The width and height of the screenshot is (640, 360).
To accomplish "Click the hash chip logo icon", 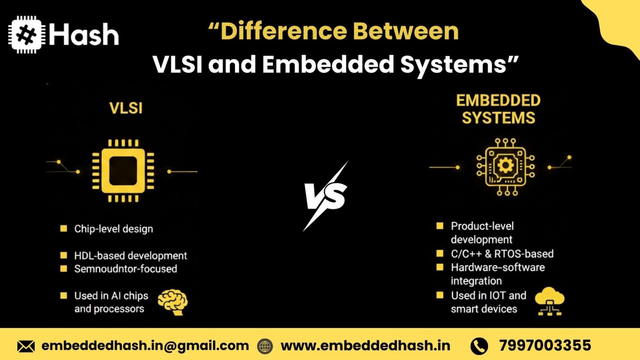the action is pyautogui.click(x=27, y=35).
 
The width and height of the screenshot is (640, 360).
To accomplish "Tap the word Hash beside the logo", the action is pyautogui.click(x=84, y=34).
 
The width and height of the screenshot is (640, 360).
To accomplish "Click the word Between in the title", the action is pyautogui.click(x=406, y=31).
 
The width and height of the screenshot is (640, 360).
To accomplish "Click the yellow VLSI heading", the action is pyautogui.click(x=126, y=108).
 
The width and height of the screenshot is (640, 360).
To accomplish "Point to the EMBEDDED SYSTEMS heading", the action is pyautogui.click(x=498, y=109).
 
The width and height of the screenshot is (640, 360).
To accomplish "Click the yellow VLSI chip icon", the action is pyautogui.click(x=123, y=171).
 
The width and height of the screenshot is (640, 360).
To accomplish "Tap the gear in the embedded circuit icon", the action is pyautogui.click(x=505, y=165).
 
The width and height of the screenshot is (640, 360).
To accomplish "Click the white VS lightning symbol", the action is pyautogui.click(x=326, y=196).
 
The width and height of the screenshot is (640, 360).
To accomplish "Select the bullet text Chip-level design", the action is pyautogui.click(x=114, y=229).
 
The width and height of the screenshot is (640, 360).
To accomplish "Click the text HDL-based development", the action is pyautogui.click(x=130, y=255).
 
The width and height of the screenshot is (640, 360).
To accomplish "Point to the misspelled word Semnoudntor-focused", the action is pyautogui.click(x=126, y=269).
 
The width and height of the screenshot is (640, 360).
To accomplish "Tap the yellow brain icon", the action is pyautogui.click(x=173, y=302).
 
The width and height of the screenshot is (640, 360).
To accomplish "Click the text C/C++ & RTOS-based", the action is pyautogui.click(x=502, y=254).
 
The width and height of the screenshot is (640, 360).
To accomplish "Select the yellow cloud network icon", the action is pyautogui.click(x=550, y=301).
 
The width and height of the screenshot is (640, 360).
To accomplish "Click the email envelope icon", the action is pyautogui.click(x=26, y=346).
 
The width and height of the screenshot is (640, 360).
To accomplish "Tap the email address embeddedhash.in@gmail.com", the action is pyautogui.click(x=145, y=346).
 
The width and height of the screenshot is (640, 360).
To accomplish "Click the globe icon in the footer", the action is pyautogui.click(x=265, y=346).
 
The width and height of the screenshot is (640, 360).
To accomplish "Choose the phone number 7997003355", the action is pyautogui.click(x=545, y=345).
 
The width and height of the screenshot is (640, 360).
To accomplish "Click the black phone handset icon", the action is pyautogui.click(x=479, y=346).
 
